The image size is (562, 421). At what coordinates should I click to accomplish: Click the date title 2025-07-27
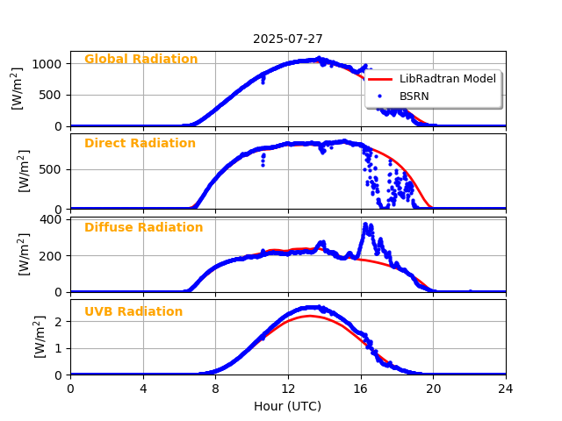(287, 39)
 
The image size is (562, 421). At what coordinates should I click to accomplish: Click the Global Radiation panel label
(140, 60)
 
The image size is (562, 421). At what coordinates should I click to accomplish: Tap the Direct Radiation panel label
(140, 144)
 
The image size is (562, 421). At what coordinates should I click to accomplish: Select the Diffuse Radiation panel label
(143, 228)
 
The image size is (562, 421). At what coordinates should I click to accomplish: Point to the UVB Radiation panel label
(133, 312)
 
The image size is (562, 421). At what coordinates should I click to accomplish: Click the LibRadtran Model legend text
(448, 79)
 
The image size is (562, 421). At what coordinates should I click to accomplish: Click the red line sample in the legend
(381, 79)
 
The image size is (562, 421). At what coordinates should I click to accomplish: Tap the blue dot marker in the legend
(381, 95)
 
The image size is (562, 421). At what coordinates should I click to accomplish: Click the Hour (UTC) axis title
(287, 406)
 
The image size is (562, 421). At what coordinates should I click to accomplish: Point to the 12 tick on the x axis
(288, 389)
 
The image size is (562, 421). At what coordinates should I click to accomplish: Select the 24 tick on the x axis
(506, 389)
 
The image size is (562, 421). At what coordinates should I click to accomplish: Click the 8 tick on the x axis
(215, 389)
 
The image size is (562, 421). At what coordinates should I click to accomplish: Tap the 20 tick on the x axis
(433, 389)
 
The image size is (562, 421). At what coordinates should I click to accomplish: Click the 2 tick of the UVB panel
(57, 321)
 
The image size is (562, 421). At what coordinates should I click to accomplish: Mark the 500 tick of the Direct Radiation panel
(52, 169)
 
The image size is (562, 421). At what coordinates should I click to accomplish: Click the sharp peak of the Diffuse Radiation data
(366, 226)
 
